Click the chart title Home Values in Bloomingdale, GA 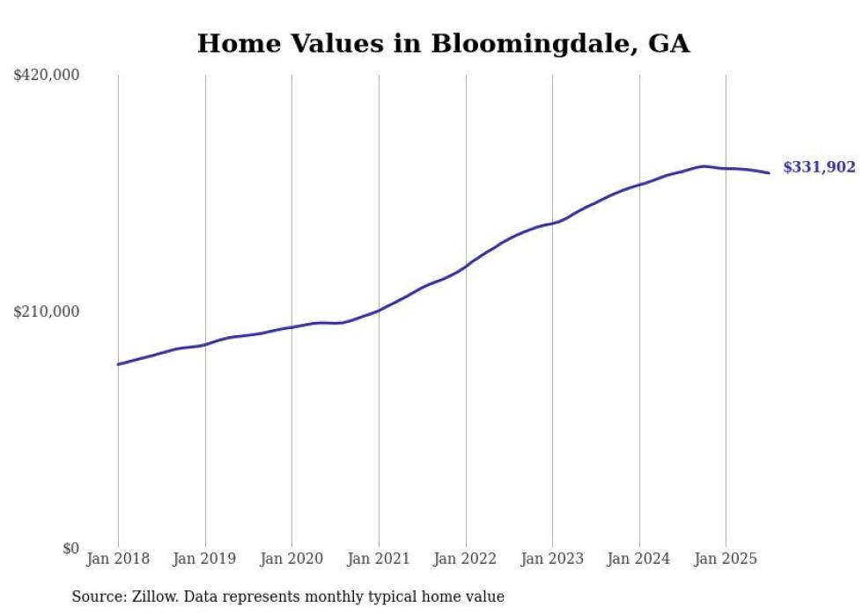click(x=443, y=43)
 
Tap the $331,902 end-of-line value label click(x=819, y=167)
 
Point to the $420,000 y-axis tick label click(x=46, y=76)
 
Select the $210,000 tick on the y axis click(x=46, y=311)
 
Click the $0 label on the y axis click(x=70, y=548)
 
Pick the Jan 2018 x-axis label click(x=118, y=559)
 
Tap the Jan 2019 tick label click(x=205, y=559)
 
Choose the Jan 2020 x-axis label click(x=291, y=559)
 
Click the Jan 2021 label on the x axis click(x=379, y=559)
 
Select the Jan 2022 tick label click(x=466, y=559)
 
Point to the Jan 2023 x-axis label click(x=552, y=559)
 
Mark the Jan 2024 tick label click(x=639, y=559)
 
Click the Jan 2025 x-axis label click(x=726, y=559)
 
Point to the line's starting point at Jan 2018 click(x=118, y=364)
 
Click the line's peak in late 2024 click(x=703, y=165)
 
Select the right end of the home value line click(x=769, y=172)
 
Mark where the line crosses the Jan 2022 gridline click(x=466, y=266)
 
